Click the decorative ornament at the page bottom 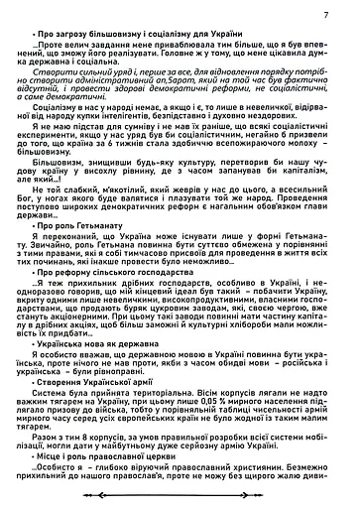tap(180, 499)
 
